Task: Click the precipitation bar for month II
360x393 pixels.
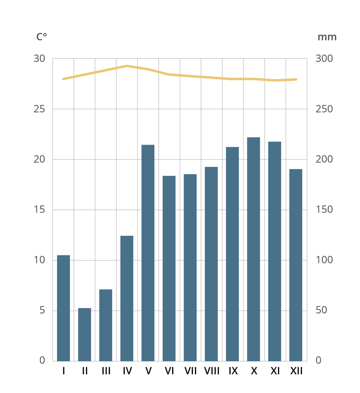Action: click(84, 334)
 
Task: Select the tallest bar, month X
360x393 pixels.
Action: click(253, 249)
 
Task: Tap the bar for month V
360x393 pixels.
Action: click(148, 253)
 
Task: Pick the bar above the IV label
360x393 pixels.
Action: click(127, 298)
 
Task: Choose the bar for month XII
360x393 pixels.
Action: click(295, 265)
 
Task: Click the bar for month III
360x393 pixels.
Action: click(106, 325)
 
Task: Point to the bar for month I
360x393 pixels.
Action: click(63, 308)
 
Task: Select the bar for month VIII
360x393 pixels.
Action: click(211, 264)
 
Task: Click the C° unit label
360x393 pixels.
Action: click(41, 37)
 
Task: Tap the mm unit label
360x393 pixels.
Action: click(327, 37)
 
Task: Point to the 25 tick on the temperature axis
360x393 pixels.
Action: click(39, 109)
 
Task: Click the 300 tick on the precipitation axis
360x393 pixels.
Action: click(324, 59)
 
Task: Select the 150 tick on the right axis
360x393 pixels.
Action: click(324, 209)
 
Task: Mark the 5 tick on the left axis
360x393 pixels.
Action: click(42, 310)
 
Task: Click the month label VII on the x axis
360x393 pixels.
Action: click(190, 371)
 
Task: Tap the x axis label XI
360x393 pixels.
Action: click(275, 371)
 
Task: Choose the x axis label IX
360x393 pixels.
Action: click(233, 371)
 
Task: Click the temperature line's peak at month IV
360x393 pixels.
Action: click(127, 66)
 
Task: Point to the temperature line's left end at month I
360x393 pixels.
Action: click(63, 79)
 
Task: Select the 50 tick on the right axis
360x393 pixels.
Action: click(321, 310)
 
